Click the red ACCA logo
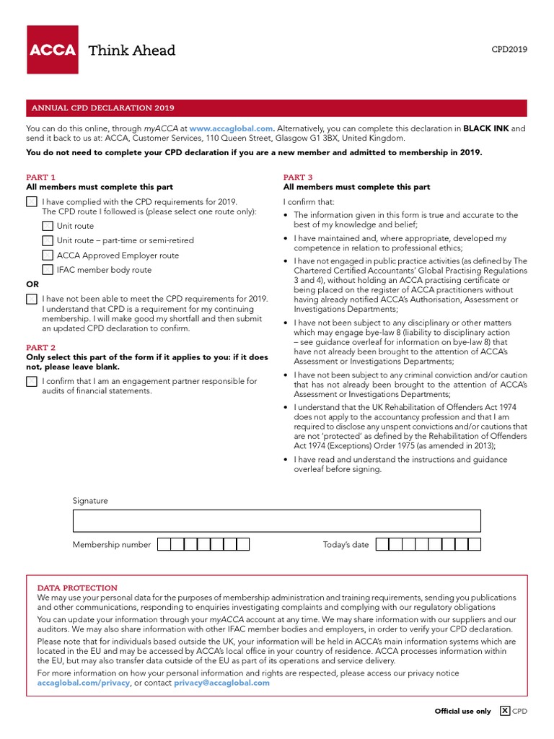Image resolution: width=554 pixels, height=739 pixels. pyautogui.click(x=52, y=49)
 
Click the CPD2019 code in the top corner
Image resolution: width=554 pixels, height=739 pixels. pyautogui.click(x=509, y=50)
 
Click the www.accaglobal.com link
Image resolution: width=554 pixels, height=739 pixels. pyautogui.click(x=231, y=128)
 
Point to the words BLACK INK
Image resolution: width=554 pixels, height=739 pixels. pyautogui.click(x=485, y=128)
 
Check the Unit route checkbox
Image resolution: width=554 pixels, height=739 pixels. pyautogui.click(x=48, y=226)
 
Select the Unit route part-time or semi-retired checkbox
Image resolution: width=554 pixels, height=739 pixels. pyautogui.click(x=48, y=240)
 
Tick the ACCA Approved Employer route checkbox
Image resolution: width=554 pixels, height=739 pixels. pyautogui.click(x=48, y=255)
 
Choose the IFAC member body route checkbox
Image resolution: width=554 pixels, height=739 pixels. pyautogui.click(x=48, y=270)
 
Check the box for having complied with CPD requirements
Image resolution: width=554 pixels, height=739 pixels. pyautogui.click(x=32, y=202)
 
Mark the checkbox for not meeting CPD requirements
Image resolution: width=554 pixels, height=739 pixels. pyautogui.click(x=32, y=299)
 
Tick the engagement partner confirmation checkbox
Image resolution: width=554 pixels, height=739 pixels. pyautogui.click(x=32, y=382)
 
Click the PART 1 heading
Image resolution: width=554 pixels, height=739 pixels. pyautogui.click(x=40, y=177)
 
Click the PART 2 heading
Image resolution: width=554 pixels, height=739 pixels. pyautogui.click(x=40, y=348)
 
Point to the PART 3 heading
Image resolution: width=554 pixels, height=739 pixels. pyautogui.click(x=298, y=177)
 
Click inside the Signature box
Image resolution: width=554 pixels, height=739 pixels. pyautogui.click(x=276, y=520)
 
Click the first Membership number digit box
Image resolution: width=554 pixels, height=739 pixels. pyautogui.click(x=164, y=545)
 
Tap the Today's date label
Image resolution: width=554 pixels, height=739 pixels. pyautogui.click(x=346, y=545)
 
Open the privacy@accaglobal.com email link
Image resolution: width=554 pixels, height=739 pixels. pyautogui.click(x=221, y=683)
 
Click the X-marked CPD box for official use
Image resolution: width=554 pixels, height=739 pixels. pyautogui.click(x=505, y=711)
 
